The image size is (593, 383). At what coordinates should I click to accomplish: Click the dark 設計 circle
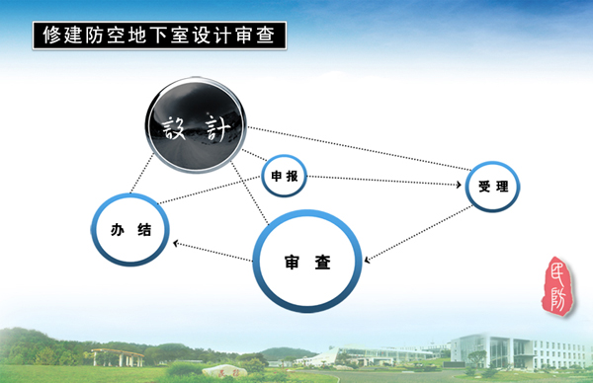click(196, 126)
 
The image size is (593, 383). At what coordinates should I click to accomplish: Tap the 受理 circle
click(491, 185)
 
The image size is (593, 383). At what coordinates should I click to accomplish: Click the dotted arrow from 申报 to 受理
click(385, 181)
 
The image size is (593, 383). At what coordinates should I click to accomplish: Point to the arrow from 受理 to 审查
click(415, 236)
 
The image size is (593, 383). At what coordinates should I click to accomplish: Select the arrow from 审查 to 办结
click(212, 251)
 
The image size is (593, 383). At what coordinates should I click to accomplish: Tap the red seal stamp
click(557, 285)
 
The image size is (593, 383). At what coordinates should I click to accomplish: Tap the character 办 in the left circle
click(117, 231)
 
